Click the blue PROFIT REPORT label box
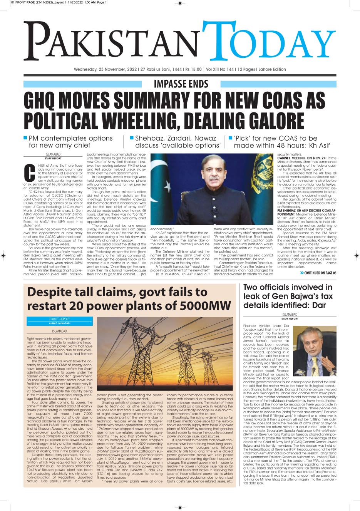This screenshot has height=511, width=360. pos(60,321)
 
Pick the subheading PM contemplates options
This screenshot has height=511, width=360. pos(70,138)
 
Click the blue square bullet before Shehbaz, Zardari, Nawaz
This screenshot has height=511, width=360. pos(132,137)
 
